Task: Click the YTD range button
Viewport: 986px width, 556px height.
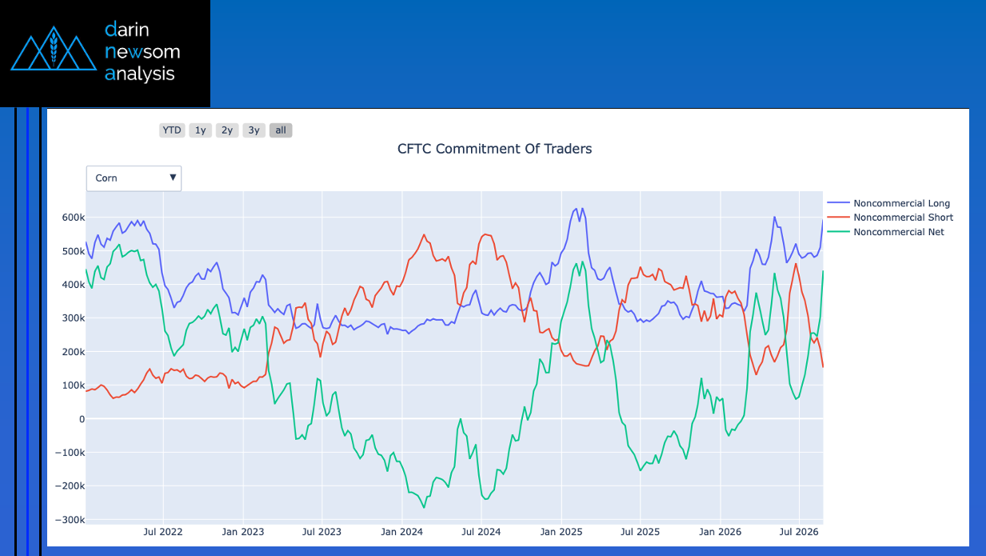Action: (x=172, y=130)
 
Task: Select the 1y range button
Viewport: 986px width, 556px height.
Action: (x=200, y=130)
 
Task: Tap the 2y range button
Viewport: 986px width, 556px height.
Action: (x=227, y=130)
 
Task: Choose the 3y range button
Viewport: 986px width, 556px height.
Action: (x=254, y=130)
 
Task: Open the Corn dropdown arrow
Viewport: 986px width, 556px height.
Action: (x=173, y=178)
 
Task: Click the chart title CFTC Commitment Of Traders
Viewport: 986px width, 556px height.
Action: (x=494, y=149)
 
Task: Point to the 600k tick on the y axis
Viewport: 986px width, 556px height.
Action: (x=73, y=218)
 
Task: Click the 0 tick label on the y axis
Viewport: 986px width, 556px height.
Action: (x=82, y=419)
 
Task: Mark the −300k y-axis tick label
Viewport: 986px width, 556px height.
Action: (x=70, y=520)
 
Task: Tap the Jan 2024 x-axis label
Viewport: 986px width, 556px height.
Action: (x=401, y=532)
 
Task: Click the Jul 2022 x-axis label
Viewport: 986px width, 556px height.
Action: (x=163, y=532)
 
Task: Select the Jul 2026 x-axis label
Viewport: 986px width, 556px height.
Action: (x=799, y=532)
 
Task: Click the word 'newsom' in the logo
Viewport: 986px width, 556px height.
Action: (x=142, y=52)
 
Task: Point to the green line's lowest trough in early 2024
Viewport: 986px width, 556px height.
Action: (x=424, y=507)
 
